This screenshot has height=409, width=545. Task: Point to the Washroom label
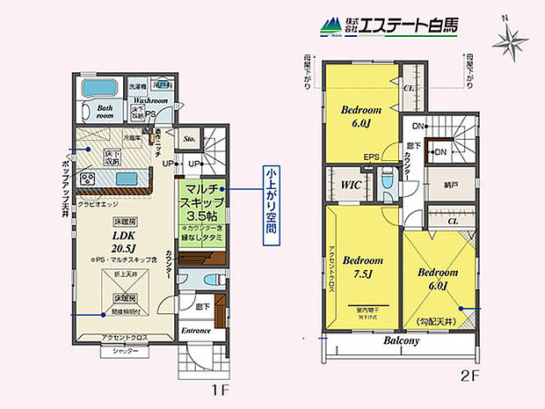[150, 101]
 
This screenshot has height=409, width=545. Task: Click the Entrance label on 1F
[196, 331]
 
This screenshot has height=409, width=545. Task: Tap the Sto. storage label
[189, 137]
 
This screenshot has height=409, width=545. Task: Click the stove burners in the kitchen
[89, 179]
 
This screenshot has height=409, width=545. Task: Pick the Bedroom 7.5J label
[363, 267]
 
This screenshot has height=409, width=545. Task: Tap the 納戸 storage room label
[451, 186]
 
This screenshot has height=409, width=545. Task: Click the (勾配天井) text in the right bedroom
[438, 324]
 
